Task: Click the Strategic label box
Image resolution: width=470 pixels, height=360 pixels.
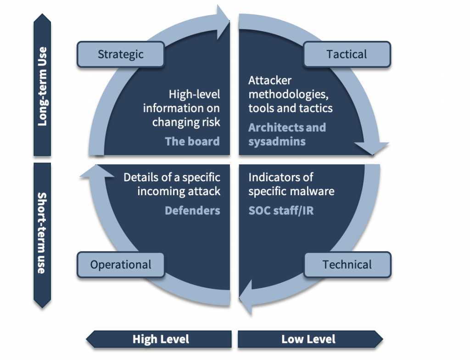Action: (x=121, y=54)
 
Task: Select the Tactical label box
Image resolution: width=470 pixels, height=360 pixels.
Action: (x=347, y=54)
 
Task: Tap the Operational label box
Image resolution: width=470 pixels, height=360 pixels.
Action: (x=121, y=264)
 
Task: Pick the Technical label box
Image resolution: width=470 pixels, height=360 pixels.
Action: (x=347, y=264)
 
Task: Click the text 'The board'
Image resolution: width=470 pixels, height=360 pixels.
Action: (x=192, y=141)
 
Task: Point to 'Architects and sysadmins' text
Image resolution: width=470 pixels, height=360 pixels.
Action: (x=287, y=134)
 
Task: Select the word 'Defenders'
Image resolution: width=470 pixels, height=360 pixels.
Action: (x=192, y=210)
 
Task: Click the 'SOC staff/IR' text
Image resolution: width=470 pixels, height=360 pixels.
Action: (x=281, y=210)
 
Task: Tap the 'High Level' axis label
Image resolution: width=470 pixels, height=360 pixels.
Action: (x=161, y=339)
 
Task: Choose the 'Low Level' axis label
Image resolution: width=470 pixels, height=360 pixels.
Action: (x=308, y=339)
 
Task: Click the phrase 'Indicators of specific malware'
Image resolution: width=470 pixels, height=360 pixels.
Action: (x=291, y=184)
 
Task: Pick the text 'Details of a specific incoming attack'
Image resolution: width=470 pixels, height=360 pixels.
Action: (x=172, y=184)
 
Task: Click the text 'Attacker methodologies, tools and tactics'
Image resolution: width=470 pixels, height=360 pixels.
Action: (x=290, y=94)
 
